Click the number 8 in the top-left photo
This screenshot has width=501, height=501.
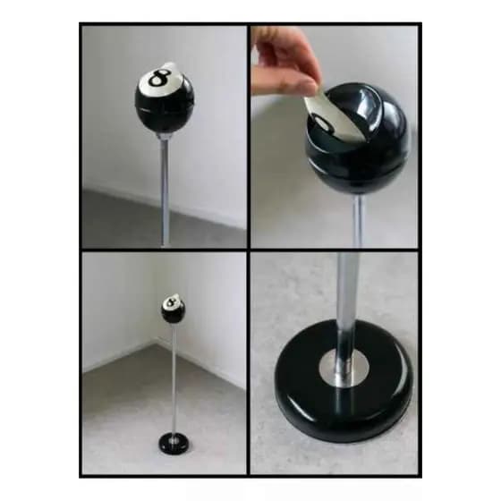click(x=159, y=78)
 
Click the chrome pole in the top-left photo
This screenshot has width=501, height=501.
click(x=165, y=189)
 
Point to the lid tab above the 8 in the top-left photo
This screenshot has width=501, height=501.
click(x=169, y=66)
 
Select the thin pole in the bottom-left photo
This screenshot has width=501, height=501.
click(x=174, y=379)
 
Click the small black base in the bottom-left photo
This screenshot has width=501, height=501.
click(x=174, y=442)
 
